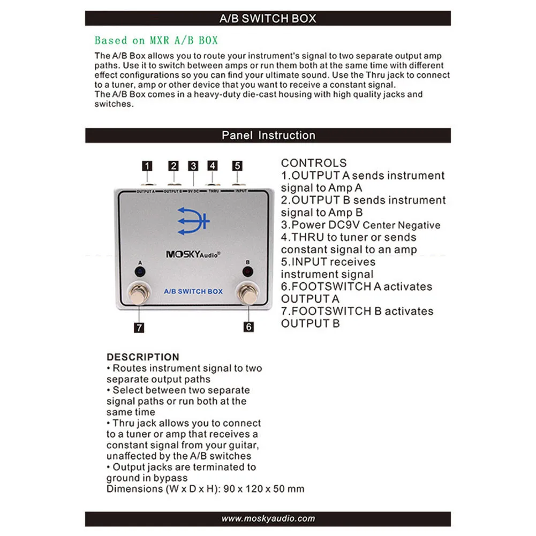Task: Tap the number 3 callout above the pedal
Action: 193,166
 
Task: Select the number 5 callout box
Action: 237,166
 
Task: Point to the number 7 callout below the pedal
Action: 139,327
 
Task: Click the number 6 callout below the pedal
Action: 248,327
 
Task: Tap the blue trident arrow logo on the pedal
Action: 193,220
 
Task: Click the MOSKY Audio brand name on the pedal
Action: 193,255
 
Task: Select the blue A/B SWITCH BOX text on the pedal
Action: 193,291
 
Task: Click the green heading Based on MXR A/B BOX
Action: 156,41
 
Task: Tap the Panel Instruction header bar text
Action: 268,135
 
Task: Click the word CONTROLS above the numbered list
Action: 314,163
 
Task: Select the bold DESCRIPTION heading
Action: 143,357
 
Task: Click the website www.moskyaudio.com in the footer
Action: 268,518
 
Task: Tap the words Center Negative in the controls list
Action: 405,225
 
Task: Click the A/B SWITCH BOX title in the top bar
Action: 268,18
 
